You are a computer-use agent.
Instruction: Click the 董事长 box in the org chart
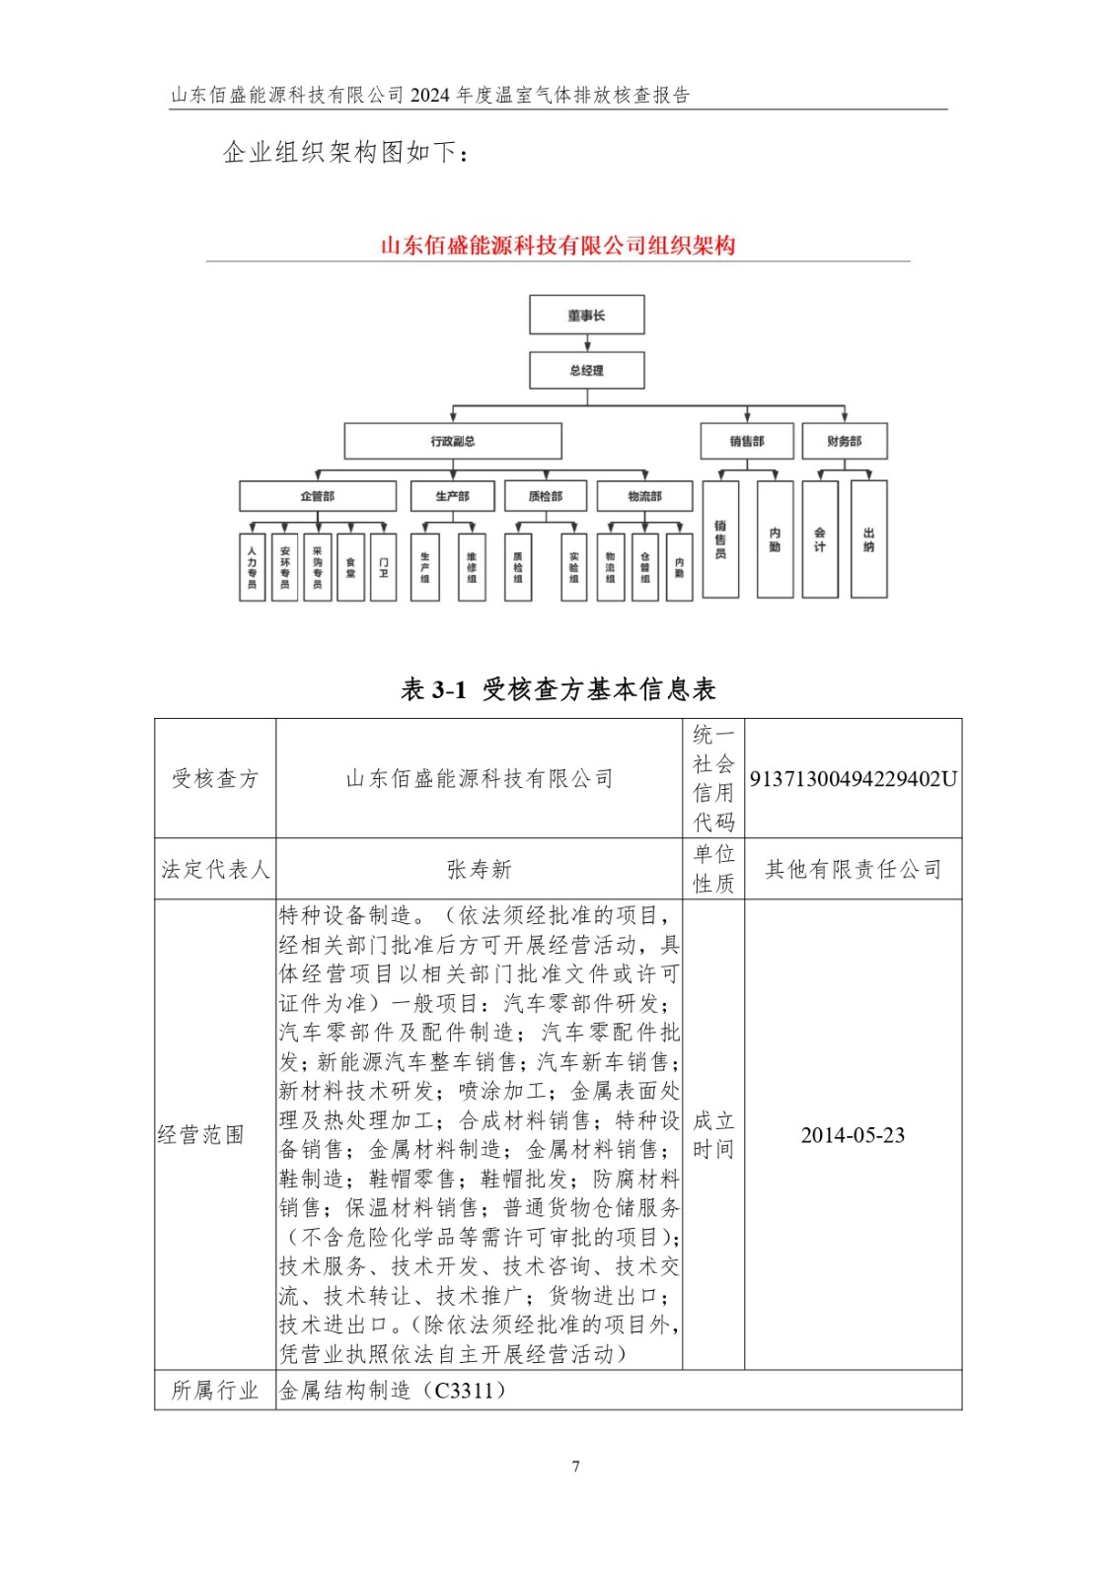coord(587,315)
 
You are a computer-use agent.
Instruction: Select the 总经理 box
coord(587,370)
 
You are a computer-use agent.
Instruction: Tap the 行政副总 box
coord(453,441)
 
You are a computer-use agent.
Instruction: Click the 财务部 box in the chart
coord(844,441)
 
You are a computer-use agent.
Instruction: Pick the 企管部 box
coord(318,495)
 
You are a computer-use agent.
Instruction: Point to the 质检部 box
coord(545,495)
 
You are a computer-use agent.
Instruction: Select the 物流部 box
coord(644,495)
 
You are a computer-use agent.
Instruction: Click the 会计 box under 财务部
coord(820,538)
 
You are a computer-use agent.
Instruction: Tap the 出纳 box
coord(868,538)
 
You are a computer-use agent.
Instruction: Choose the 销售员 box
coord(720,538)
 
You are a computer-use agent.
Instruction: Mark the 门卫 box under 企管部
coord(383,567)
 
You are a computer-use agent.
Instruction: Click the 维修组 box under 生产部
coord(472,567)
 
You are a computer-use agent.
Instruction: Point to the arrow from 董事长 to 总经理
coord(587,343)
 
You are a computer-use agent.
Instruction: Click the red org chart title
coord(558,246)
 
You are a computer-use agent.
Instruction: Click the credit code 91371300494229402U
coord(853,779)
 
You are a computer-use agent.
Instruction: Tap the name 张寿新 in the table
coord(480,869)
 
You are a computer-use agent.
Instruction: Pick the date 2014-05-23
coord(853,1135)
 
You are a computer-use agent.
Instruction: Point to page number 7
coord(575,1467)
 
